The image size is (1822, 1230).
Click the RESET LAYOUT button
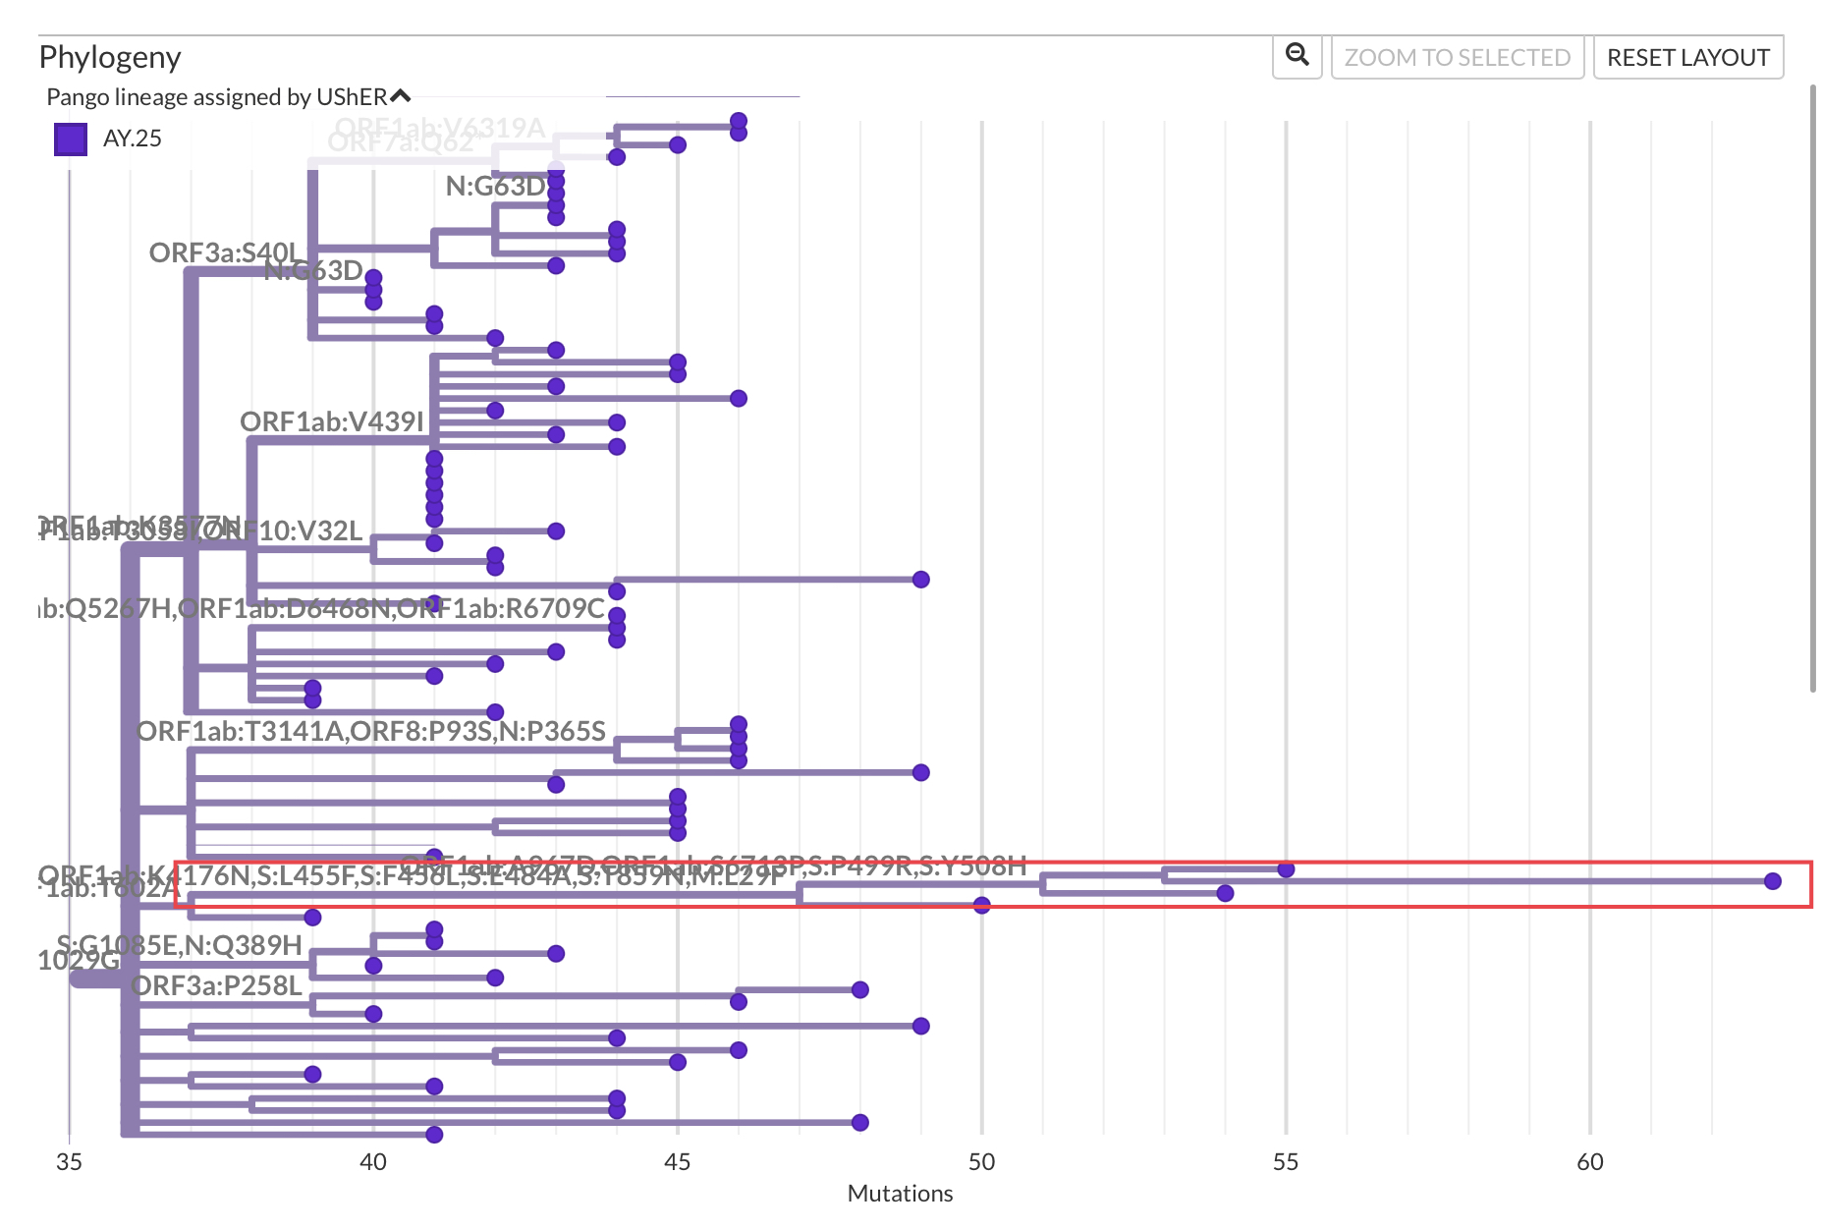[1687, 58]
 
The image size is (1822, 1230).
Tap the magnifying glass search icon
[1297, 56]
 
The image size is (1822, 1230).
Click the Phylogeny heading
[110, 57]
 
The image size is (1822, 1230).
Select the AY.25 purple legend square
[71, 139]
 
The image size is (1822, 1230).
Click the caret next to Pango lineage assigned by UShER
[400, 96]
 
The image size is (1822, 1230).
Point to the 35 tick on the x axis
[69, 1162]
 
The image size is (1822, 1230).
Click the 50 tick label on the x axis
[981, 1162]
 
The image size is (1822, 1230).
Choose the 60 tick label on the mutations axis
[1589, 1162]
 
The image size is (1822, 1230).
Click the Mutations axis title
[900, 1194]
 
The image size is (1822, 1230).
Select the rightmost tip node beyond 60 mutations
[1772, 881]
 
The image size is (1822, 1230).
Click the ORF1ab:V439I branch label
[331, 421]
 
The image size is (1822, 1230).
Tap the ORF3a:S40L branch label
[223, 252]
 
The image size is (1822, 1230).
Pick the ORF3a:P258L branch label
[216, 985]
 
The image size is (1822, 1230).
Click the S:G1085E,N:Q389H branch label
[180, 945]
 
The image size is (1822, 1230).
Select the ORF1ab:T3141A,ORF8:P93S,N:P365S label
[370, 731]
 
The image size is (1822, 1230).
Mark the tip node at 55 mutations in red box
[1286, 869]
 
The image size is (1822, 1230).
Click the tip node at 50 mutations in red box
[981, 905]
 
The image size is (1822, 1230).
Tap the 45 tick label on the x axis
[677, 1162]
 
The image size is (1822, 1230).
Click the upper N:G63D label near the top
[496, 186]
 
